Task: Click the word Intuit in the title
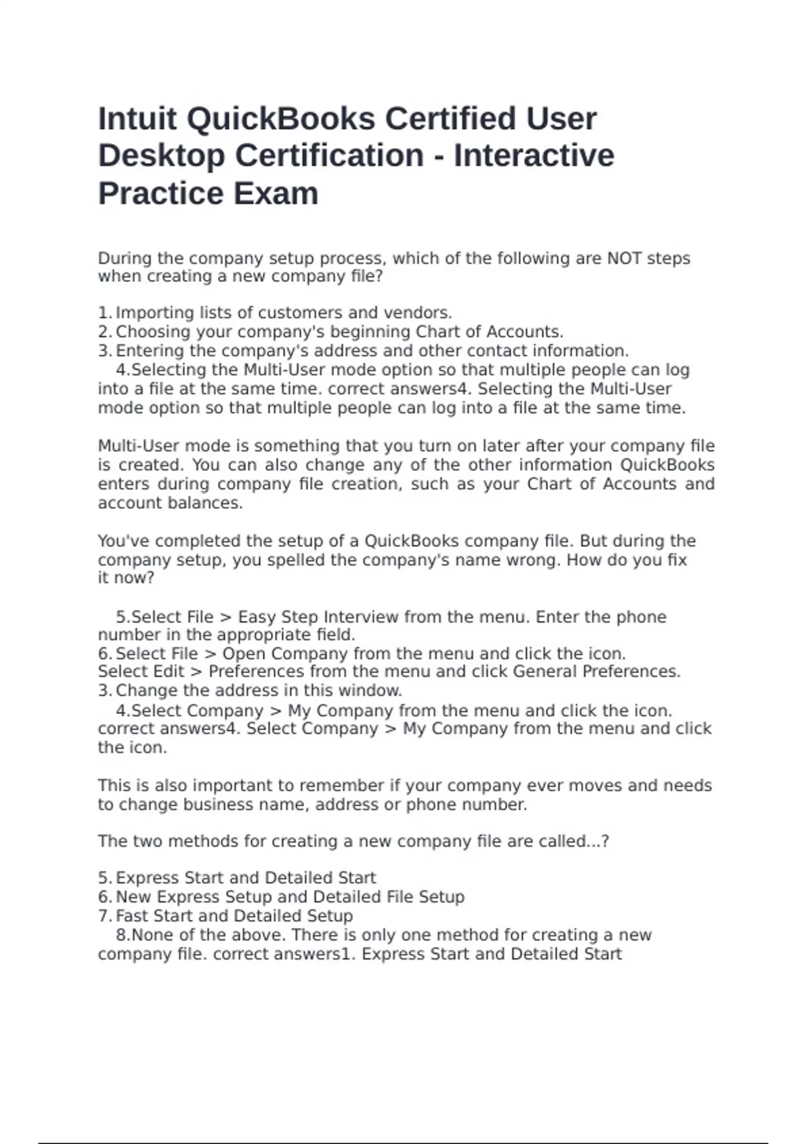(x=137, y=119)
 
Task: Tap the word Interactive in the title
(x=534, y=155)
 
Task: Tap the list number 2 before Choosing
(x=104, y=332)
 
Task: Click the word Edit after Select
(x=169, y=672)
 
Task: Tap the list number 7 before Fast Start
(x=104, y=916)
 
